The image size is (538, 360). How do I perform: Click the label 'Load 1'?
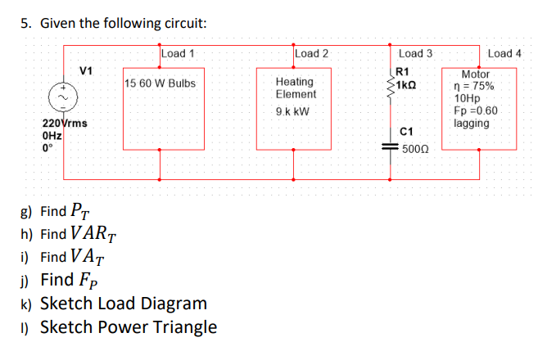click(178, 54)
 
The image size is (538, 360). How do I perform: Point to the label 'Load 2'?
click(311, 54)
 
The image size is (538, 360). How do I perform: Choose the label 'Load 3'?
click(415, 54)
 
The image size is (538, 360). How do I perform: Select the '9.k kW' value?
click(293, 111)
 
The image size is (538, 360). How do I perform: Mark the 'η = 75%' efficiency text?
click(474, 86)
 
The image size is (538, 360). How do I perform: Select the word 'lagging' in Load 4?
click(471, 124)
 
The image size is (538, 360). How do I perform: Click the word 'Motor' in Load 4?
click(476, 74)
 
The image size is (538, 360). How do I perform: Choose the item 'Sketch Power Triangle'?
click(129, 327)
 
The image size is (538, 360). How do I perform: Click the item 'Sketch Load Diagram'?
click(123, 304)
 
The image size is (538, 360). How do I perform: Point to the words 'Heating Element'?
click(294, 88)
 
